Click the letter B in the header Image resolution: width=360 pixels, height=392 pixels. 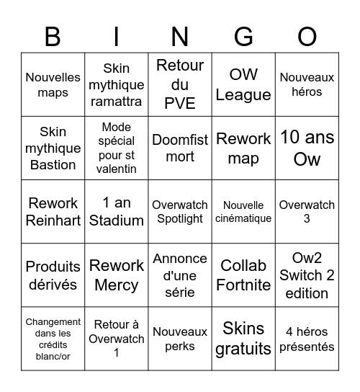[53, 36]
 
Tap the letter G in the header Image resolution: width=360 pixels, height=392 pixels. [243, 36]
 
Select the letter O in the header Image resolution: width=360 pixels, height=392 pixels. [307, 36]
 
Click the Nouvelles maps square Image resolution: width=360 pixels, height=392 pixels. [53, 84]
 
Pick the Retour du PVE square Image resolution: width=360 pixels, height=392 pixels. [180, 84]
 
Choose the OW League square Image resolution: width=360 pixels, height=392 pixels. [243, 84]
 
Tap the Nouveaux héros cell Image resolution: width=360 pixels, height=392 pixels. [307, 84]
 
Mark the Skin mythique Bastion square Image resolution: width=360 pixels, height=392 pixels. [53, 148]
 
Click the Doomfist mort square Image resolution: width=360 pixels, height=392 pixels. [180, 148]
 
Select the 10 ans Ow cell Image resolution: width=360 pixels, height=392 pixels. [307, 148]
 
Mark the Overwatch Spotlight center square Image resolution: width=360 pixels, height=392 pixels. [180, 211]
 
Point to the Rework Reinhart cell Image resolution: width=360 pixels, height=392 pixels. [53, 211]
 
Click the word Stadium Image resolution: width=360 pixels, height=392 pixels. [117, 220]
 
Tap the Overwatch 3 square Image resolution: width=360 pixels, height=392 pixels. [307, 211]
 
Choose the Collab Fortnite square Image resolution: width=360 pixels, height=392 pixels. [243, 275]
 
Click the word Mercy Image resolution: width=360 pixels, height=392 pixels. [117, 285]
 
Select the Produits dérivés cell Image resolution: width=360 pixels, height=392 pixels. [53, 275]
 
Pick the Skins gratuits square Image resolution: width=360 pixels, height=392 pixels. [243, 339]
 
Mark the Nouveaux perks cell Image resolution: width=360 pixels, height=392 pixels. [180, 339]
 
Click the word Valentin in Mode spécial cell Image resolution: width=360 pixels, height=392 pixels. [117, 169]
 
